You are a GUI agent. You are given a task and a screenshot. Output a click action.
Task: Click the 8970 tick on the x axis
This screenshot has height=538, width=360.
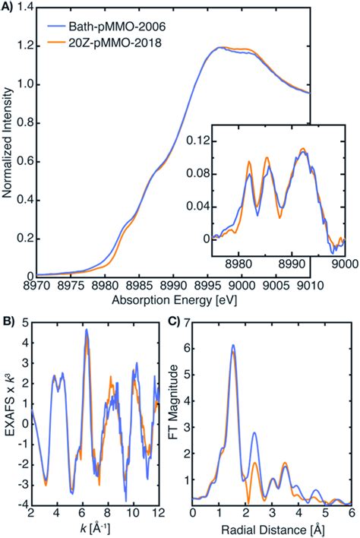(x=38, y=288)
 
